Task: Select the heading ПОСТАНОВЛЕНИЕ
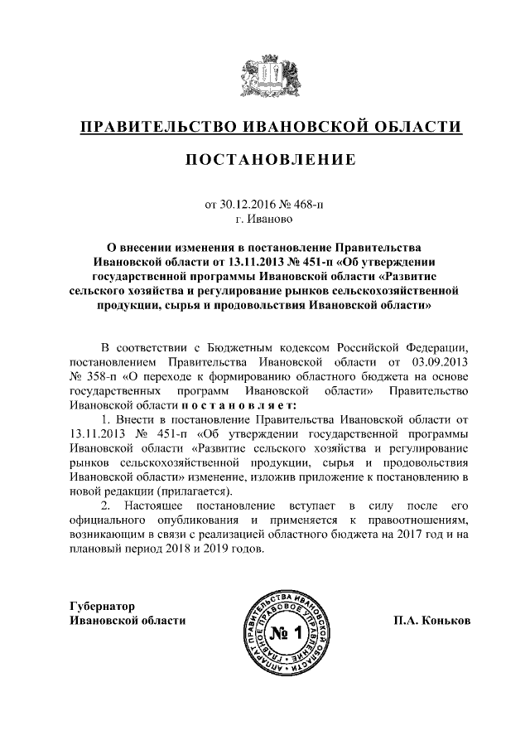pyautogui.click(x=264, y=159)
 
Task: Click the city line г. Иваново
pyautogui.click(x=264, y=219)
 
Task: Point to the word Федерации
pyautogui.click(x=442, y=347)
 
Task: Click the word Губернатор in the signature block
pyautogui.click(x=103, y=606)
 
